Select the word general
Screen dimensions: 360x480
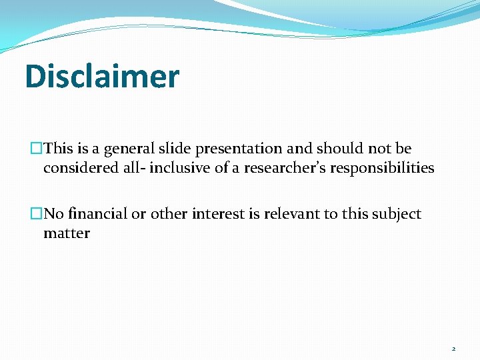click(131, 149)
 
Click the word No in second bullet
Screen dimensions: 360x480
click(53, 214)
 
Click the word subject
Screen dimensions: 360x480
click(397, 214)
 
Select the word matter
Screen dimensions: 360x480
click(67, 233)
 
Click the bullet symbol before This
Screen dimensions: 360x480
click(36, 149)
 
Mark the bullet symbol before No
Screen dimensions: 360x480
click(36, 214)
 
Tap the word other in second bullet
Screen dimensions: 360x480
click(168, 214)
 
